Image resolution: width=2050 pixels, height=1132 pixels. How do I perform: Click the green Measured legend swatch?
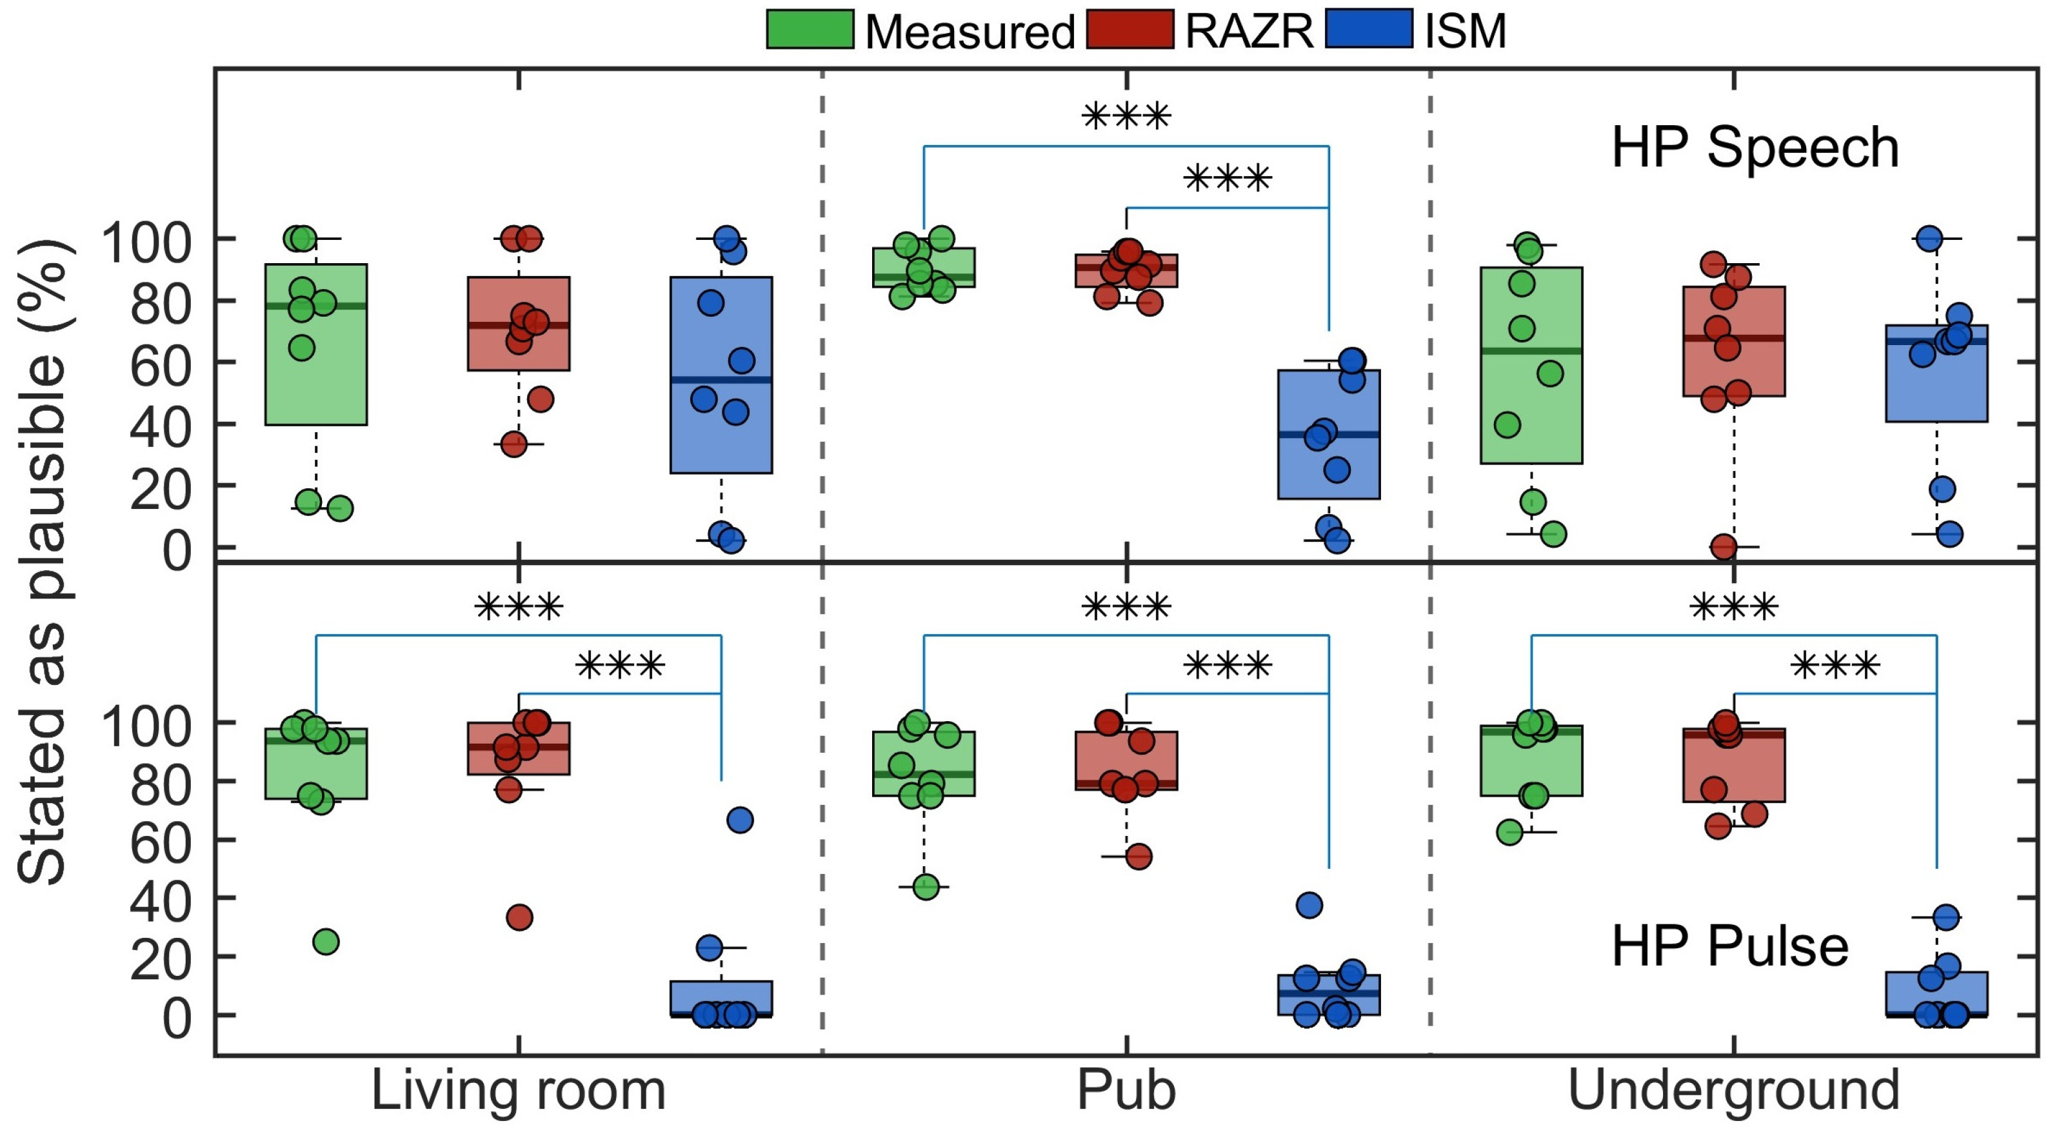(810, 30)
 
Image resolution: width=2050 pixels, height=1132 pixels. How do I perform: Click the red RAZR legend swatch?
(1130, 30)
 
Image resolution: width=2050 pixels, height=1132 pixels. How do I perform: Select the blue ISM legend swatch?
(1369, 30)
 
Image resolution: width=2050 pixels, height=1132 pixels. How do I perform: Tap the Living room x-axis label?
(518, 1091)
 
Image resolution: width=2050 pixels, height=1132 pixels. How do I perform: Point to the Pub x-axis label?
(1126, 1091)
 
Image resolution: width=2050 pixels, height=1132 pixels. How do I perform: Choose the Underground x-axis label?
(1733, 1091)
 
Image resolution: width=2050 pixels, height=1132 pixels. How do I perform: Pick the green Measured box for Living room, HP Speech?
(316, 382)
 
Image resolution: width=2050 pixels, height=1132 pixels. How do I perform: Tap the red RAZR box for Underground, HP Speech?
(1733, 366)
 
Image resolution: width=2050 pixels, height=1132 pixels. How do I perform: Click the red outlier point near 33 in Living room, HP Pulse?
(519, 917)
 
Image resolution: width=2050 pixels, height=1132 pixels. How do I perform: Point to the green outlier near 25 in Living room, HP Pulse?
(326, 942)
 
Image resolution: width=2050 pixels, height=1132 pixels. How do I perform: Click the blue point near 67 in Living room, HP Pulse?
(739, 820)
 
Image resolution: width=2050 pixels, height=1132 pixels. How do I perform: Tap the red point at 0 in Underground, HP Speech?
(1724, 548)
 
